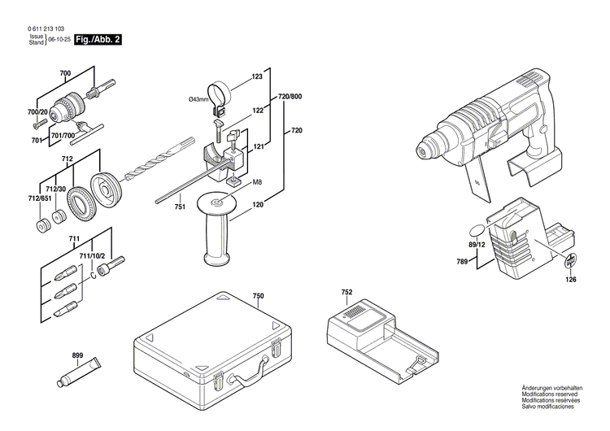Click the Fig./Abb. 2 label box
(97, 39)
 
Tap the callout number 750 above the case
(258, 296)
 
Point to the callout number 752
(346, 292)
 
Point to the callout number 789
(462, 261)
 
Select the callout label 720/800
(290, 97)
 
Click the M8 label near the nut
(256, 181)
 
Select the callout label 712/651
(39, 197)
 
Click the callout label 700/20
(37, 111)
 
